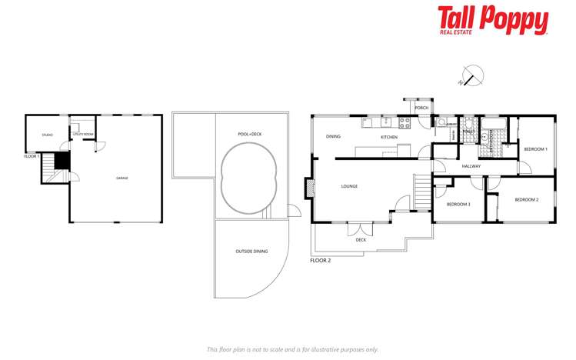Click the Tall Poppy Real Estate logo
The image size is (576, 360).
[492, 20]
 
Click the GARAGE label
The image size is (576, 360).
[122, 178]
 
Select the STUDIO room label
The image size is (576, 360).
[47, 135]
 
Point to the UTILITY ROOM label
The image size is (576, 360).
[82, 135]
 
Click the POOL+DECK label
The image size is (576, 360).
[250, 134]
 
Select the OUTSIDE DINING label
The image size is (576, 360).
[251, 252]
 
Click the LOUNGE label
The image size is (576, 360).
[349, 186]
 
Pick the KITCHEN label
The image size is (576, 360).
[389, 137]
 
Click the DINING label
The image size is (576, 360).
[333, 136]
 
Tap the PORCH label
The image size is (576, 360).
[421, 108]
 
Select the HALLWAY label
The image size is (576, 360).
[471, 166]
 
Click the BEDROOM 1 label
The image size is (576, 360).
[535, 148]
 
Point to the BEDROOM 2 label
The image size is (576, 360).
[526, 200]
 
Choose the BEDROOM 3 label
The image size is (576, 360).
[458, 204]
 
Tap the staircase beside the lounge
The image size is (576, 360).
[421, 191]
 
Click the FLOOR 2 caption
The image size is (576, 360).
[320, 261]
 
